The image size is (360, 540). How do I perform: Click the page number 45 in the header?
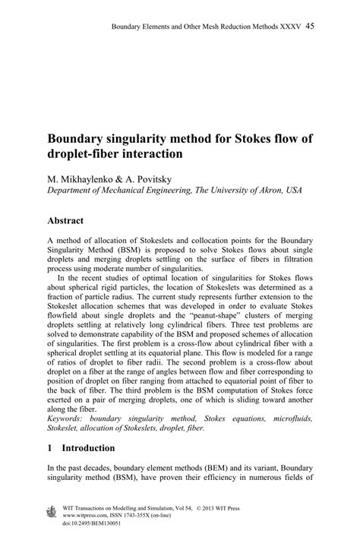coord(311,27)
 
